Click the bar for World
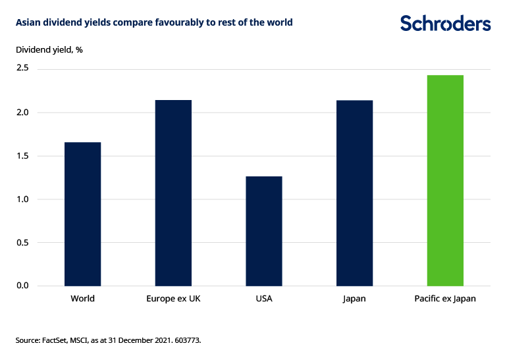point(82,214)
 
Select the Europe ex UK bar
point(173,193)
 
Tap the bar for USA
point(263,231)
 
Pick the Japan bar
point(354,193)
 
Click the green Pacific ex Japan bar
point(445,180)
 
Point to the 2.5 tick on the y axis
point(24,69)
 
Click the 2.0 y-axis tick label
point(24,113)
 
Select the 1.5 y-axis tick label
point(24,156)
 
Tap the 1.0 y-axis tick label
point(24,199)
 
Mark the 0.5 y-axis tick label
point(24,243)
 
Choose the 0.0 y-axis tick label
point(24,286)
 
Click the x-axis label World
point(82,299)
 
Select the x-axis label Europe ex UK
point(173,299)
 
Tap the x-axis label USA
point(263,299)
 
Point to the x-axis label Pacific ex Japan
point(445,299)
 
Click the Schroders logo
point(445,24)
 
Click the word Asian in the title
point(28,22)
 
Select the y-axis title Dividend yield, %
point(49,49)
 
